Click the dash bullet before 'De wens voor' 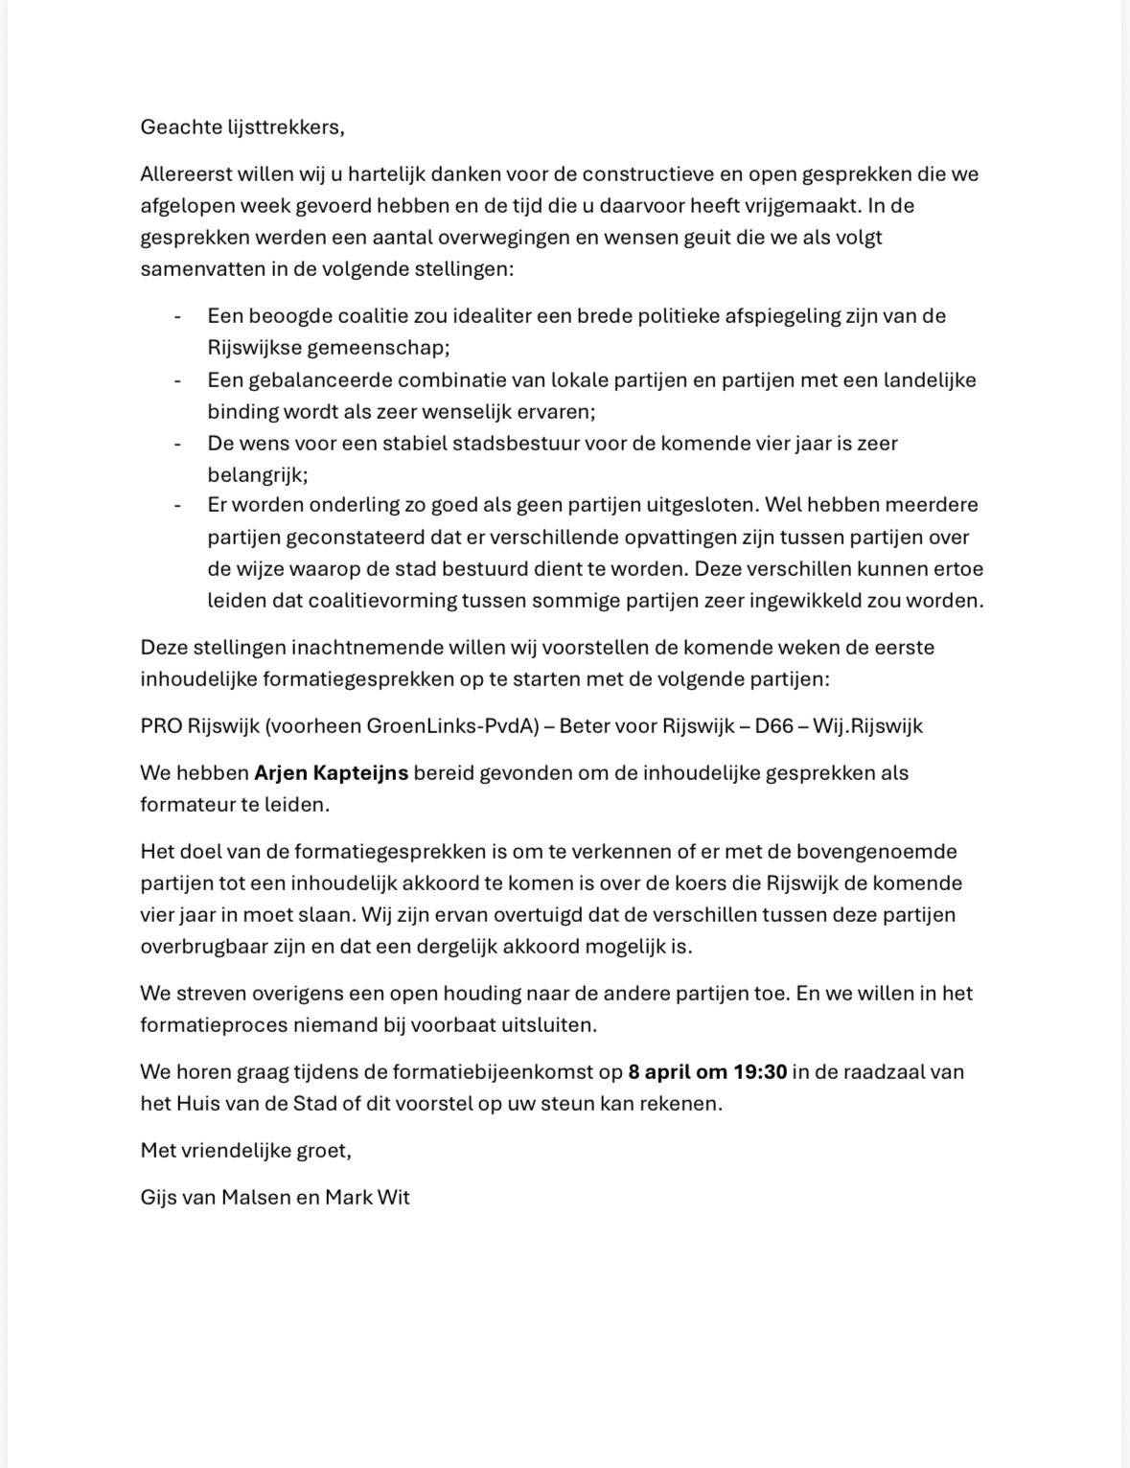(177, 443)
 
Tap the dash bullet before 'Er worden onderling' (177, 504)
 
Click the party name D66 (774, 725)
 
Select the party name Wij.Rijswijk (867, 725)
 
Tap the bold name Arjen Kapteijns (331, 772)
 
